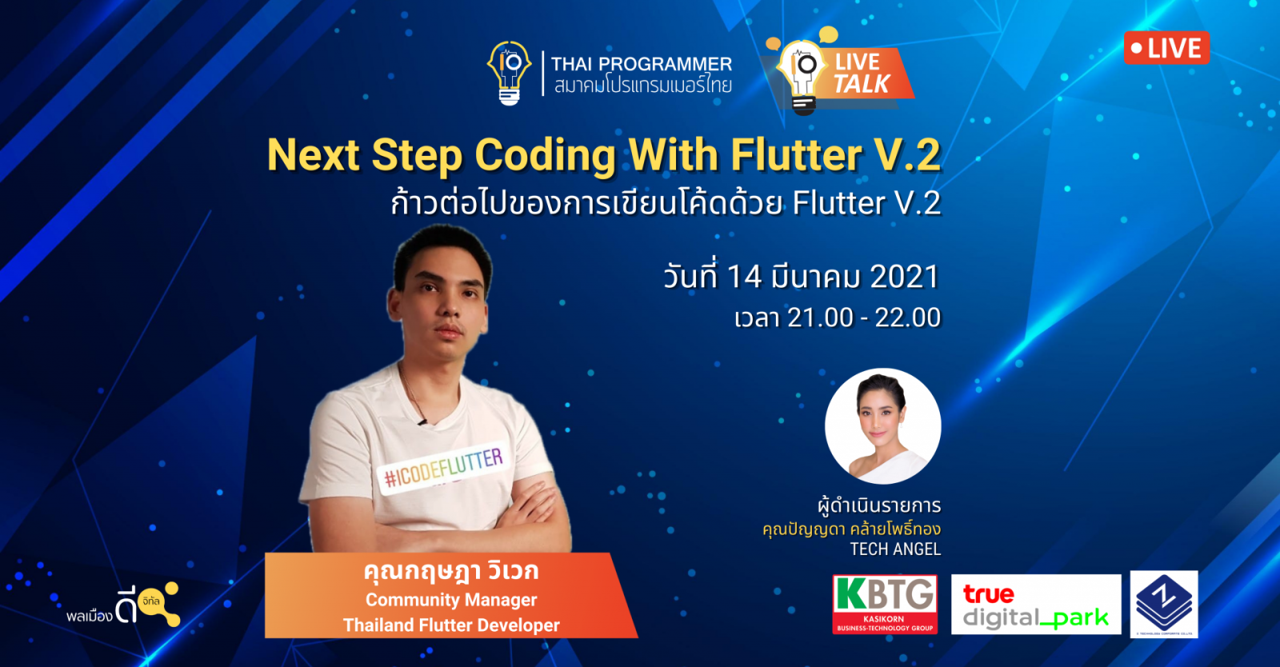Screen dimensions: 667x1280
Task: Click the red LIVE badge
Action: point(1166,48)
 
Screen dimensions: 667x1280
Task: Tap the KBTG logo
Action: point(884,604)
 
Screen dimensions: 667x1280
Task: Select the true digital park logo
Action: point(1035,605)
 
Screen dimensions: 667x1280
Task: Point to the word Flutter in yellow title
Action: point(795,154)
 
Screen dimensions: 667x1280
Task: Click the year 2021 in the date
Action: point(903,277)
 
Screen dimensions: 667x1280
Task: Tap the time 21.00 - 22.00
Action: point(863,318)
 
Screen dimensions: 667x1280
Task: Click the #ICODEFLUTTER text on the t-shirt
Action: point(443,469)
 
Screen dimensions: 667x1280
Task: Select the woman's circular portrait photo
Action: point(882,425)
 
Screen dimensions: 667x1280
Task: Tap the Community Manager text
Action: point(451,600)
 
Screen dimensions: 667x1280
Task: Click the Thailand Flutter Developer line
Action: point(451,625)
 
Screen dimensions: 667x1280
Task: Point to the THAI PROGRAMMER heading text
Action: point(641,64)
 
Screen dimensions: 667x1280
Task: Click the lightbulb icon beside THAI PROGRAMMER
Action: point(510,72)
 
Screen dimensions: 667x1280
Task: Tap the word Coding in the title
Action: point(545,154)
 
